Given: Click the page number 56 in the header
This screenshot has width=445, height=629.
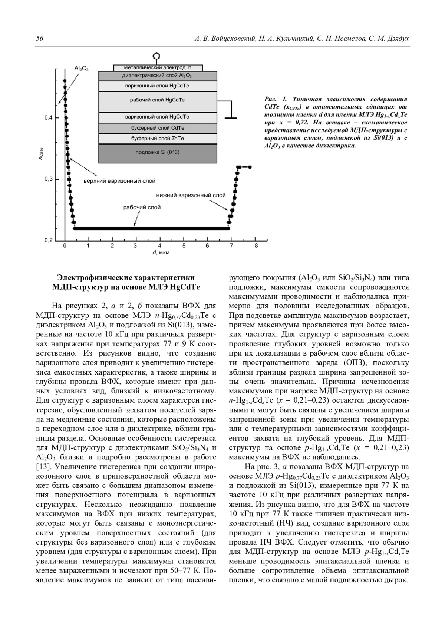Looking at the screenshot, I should pos(39,39).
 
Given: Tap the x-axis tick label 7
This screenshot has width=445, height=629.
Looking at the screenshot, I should pos(231,246).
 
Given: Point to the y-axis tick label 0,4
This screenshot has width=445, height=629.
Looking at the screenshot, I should pos(49,118).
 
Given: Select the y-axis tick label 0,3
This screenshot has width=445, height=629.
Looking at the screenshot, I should pos(49,179).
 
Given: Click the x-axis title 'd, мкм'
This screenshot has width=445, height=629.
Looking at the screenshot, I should pos(160,253).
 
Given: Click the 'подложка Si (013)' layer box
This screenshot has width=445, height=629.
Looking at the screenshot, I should pos(158,152).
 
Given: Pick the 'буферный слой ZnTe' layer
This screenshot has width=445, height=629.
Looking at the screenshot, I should pos(158,138).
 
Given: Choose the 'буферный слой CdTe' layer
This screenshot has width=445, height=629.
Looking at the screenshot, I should pos(158,128).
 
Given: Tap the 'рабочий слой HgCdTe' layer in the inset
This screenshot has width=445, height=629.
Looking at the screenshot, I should pos(158,100).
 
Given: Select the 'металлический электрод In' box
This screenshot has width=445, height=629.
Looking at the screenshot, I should pos(158,68).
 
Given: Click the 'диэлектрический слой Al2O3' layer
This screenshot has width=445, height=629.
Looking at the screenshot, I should pos(158,76).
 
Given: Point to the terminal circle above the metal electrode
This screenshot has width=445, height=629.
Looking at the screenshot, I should pos(157,56).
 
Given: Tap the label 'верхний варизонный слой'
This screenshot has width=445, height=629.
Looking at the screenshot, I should pos(119,181).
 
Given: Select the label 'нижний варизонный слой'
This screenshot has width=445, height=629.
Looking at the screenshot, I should pos(191,195).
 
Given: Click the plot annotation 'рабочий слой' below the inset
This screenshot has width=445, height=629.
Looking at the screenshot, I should pos(142,207).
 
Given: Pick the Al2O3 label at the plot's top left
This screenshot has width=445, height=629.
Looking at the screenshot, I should pos(81,69).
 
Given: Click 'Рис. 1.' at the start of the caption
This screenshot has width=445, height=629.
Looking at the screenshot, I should pos(276,99).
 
